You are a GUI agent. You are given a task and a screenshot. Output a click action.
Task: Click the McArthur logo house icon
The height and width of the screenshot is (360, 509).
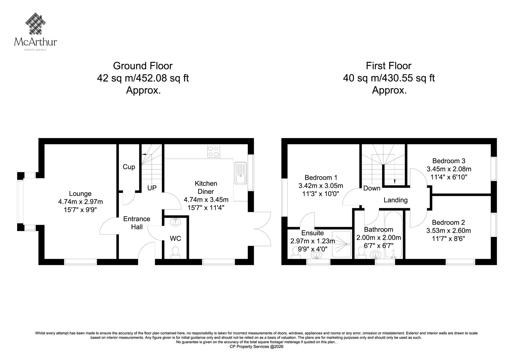35,24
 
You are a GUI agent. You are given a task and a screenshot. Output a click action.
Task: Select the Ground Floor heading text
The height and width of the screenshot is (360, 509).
143,66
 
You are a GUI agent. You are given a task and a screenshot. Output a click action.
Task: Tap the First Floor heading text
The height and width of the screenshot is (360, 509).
388,66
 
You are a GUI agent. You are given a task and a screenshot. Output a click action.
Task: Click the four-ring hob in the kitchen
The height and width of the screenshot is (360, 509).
213,151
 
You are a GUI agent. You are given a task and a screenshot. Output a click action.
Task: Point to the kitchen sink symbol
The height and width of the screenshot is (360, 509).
241,173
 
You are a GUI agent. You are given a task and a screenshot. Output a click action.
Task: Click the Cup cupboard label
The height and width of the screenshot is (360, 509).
129,167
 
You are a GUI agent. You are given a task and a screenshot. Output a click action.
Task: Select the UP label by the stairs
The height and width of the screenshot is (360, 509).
152,188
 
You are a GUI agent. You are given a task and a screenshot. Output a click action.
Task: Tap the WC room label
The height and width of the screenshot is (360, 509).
175,238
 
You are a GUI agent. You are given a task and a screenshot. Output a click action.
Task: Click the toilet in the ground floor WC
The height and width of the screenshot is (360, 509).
175,253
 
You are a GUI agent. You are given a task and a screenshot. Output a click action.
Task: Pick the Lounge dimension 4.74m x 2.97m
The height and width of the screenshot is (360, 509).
80,202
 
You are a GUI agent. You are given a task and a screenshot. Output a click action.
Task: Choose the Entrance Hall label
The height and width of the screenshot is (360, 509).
136,223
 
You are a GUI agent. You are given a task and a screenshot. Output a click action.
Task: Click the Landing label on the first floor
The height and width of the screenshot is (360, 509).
396,200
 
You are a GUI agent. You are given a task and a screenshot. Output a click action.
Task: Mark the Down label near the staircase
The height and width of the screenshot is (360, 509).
372,188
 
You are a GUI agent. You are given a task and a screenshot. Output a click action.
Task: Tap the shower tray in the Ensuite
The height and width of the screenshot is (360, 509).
342,244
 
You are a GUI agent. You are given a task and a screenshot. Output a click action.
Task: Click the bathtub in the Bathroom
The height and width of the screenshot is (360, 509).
394,235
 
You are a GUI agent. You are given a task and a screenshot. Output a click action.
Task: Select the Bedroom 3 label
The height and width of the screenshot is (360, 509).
449,161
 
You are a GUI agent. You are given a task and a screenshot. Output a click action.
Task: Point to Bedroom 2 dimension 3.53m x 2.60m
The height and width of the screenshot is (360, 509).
449,231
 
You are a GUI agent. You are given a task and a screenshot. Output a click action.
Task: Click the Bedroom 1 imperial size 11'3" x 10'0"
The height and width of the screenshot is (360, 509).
321,194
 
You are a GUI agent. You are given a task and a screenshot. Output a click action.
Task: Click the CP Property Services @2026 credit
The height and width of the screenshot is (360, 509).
256,347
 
